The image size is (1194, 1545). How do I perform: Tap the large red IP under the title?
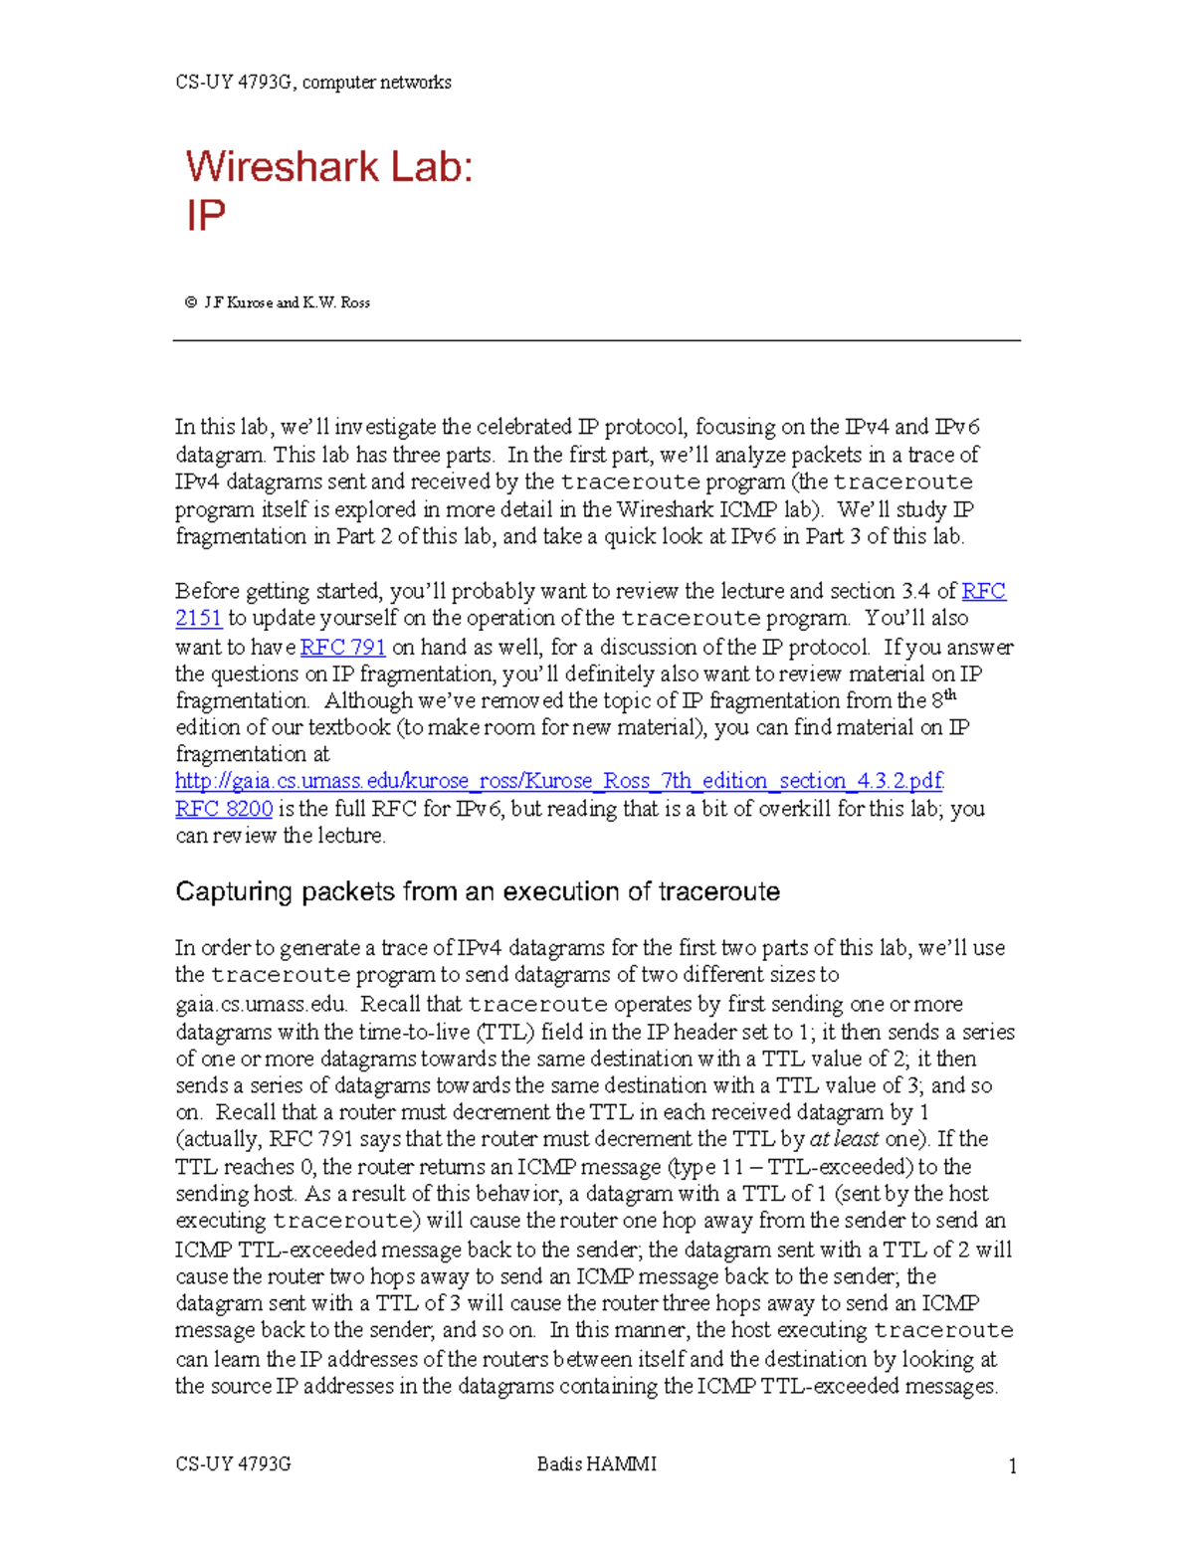pyautogui.click(x=206, y=216)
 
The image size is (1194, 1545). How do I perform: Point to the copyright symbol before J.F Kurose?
pyautogui.click(x=190, y=302)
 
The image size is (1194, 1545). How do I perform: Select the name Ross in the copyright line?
pyautogui.click(x=355, y=302)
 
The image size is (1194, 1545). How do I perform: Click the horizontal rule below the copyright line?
pyautogui.click(x=597, y=340)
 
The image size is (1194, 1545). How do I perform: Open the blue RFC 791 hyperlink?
pyautogui.click(x=342, y=647)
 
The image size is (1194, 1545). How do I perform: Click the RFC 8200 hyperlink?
pyautogui.click(x=224, y=808)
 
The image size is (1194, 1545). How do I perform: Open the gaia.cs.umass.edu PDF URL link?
pyautogui.click(x=559, y=780)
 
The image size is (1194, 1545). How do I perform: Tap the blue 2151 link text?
pyautogui.click(x=198, y=618)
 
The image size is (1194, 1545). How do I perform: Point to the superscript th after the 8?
pyautogui.click(x=950, y=694)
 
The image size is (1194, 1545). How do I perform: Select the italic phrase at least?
pyautogui.click(x=844, y=1139)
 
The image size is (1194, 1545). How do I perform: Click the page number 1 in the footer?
pyautogui.click(x=1013, y=1465)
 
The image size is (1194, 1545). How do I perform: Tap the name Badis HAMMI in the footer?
pyautogui.click(x=596, y=1463)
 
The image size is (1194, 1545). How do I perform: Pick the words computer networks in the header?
pyautogui.click(x=377, y=82)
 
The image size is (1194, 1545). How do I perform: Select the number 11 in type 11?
pyautogui.click(x=732, y=1166)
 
